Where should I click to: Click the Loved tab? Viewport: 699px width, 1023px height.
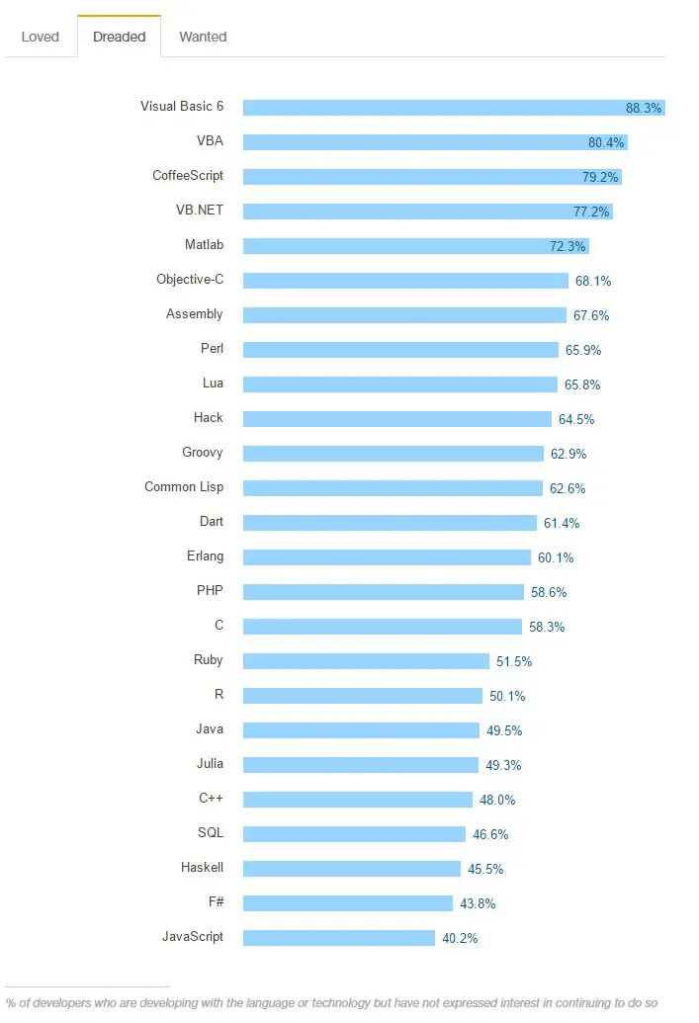click(x=41, y=37)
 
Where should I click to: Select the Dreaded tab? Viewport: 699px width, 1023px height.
click(x=119, y=37)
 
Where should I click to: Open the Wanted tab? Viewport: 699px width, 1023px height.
click(x=203, y=37)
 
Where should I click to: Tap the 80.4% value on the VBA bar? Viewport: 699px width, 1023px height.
click(x=606, y=142)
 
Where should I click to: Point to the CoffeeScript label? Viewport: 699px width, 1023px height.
click(x=188, y=176)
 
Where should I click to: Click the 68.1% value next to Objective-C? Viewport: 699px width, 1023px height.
click(x=593, y=281)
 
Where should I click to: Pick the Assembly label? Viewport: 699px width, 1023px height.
click(x=195, y=314)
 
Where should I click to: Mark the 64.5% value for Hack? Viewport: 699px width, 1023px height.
click(x=576, y=419)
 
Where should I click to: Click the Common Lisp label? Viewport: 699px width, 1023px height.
click(x=184, y=487)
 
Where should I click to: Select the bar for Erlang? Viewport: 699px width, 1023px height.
click(x=387, y=557)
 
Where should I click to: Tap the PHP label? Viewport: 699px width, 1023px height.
click(x=210, y=591)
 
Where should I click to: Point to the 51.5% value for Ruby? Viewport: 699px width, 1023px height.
click(x=514, y=661)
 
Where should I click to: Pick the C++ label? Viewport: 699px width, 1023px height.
click(x=211, y=799)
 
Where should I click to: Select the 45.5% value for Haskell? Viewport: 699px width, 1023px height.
click(x=485, y=869)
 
